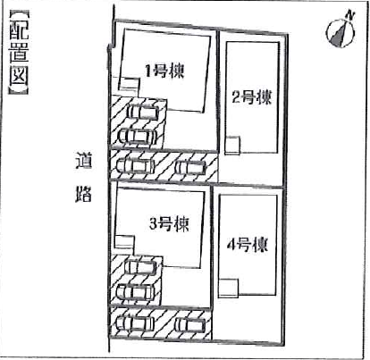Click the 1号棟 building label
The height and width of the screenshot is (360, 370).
[164, 71]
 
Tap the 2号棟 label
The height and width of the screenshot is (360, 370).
[252, 96]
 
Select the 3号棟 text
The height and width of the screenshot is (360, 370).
[169, 224]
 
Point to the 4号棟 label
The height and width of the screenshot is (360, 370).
[248, 245]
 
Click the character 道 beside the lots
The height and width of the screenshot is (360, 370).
[83, 161]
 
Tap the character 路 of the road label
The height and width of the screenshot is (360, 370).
[83, 194]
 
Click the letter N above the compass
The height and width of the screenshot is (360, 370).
[351, 16]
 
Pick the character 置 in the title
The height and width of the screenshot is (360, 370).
[19, 52]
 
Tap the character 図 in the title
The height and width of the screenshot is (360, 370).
[19, 73]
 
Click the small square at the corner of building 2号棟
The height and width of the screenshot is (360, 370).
[232, 146]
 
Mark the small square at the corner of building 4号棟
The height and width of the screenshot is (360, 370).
[229, 289]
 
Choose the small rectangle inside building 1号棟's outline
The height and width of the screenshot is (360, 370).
[130, 84]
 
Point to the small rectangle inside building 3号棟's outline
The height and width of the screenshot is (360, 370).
[124, 242]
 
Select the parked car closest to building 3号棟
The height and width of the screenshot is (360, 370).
[141, 267]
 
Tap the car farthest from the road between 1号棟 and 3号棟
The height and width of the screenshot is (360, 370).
[190, 167]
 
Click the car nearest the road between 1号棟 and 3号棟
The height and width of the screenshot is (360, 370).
[136, 166]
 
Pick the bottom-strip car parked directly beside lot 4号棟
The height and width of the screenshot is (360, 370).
[190, 325]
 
